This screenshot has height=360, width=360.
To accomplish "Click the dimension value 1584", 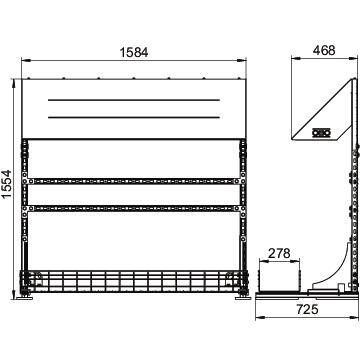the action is [x=134, y=52].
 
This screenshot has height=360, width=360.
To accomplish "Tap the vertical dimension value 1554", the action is [x=6, y=184].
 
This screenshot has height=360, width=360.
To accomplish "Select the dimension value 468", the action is [x=324, y=50].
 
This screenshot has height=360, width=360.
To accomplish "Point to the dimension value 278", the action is [x=279, y=253].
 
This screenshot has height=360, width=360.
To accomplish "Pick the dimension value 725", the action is [x=307, y=310].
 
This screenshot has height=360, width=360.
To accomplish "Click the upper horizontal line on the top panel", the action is [x=134, y=100].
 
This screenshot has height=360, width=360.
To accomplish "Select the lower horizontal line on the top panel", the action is [x=134, y=117].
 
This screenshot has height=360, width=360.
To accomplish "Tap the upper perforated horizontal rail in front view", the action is [x=134, y=181].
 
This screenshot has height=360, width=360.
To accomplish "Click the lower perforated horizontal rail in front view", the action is [x=134, y=209].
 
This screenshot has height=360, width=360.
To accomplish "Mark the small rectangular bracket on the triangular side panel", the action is [x=321, y=133].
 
